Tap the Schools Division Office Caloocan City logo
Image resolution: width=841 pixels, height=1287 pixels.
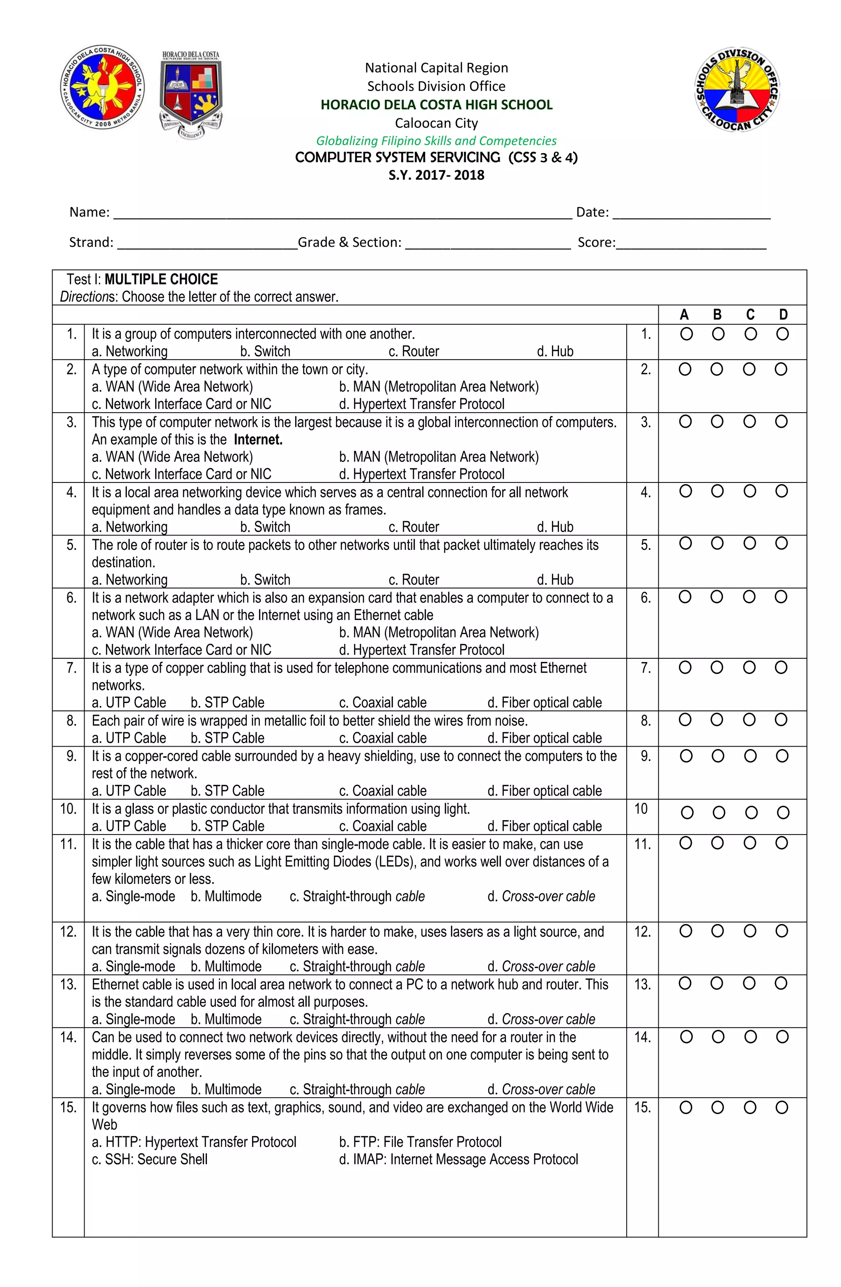point(737,90)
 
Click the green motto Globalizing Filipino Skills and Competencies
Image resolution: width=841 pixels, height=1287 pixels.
point(436,141)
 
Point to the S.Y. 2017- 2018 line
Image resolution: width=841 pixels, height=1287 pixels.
point(436,175)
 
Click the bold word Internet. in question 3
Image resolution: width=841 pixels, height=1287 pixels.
point(258,440)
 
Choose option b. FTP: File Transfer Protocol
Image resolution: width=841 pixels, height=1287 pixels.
point(420,1142)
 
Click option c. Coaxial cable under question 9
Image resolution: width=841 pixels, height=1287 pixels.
point(383,791)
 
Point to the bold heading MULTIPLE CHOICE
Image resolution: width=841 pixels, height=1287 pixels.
point(161,279)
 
